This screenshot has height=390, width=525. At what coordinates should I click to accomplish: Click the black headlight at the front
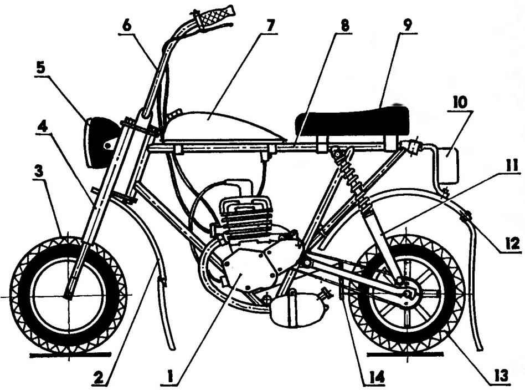tap(100, 142)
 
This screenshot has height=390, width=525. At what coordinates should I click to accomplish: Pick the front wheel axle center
tap(68, 295)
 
